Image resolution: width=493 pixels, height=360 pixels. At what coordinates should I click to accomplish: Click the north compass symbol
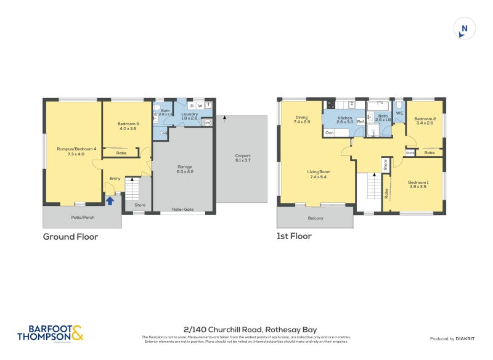click(x=465, y=28)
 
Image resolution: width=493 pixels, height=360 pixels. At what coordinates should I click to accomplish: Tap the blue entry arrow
click(x=110, y=200)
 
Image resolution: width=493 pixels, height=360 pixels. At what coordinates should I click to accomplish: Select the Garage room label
click(x=185, y=170)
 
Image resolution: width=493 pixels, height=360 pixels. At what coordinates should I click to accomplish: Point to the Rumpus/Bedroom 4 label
click(x=73, y=151)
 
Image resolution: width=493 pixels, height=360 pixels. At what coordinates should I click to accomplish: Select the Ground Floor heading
click(x=70, y=237)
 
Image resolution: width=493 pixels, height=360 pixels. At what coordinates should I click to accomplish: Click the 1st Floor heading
click(x=294, y=236)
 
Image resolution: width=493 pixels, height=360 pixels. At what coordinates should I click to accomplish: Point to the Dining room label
click(x=301, y=120)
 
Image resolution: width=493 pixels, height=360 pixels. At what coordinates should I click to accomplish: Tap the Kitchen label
click(x=345, y=120)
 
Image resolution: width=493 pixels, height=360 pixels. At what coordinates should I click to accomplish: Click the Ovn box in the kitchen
click(x=329, y=133)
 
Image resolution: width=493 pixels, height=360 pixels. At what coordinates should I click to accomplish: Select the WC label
click(x=399, y=113)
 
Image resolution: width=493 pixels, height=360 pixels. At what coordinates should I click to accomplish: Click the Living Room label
click(x=319, y=174)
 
